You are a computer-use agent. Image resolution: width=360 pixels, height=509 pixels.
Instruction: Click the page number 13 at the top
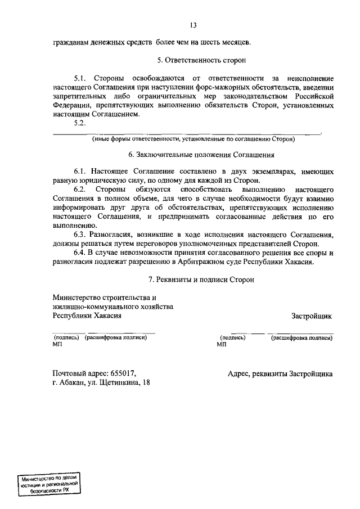(x=193, y=25)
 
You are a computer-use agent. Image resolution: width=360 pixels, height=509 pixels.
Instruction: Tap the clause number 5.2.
(x=80, y=124)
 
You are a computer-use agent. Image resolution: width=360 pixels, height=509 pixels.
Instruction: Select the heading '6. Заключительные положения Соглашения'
(x=201, y=155)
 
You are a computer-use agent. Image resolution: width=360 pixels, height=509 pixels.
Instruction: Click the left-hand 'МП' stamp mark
(x=57, y=344)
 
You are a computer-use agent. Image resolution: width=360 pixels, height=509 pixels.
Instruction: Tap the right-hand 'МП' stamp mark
(x=220, y=344)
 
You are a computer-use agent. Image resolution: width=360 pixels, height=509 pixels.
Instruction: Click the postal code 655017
(x=123, y=373)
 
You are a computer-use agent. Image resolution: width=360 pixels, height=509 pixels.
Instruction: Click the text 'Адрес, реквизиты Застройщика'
(x=280, y=373)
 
